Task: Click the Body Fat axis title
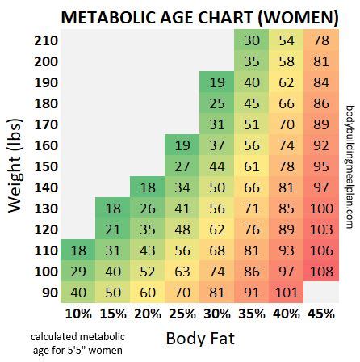[x=199, y=338]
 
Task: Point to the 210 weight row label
[x=47, y=40]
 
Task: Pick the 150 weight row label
[x=47, y=166]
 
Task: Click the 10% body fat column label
[x=78, y=313]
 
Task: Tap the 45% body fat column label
[x=320, y=313]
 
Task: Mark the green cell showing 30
[x=252, y=40]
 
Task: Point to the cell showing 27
[x=182, y=166]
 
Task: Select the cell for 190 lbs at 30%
[x=216, y=82]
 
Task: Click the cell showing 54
[x=286, y=40]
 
